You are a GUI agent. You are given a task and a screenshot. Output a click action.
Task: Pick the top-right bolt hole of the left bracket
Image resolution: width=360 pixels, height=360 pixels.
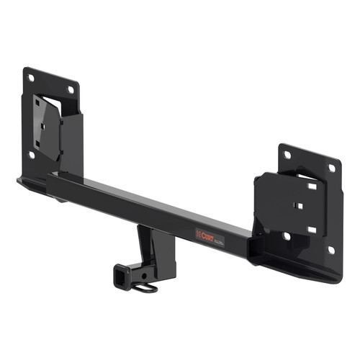click(x=71, y=89)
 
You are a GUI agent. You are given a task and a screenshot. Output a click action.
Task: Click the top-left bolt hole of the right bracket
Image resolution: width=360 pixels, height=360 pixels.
click(x=287, y=154)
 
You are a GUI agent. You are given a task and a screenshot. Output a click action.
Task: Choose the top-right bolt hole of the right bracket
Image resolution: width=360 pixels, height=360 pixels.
click(x=331, y=168)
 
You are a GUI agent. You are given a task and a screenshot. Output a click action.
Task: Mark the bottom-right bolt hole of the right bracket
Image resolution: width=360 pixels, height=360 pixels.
click(x=330, y=250)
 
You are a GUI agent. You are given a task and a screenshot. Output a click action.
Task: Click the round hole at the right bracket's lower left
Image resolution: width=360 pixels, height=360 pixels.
click(x=287, y=235)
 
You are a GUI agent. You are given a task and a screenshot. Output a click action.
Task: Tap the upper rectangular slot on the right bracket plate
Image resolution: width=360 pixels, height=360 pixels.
click(x=311, y=186)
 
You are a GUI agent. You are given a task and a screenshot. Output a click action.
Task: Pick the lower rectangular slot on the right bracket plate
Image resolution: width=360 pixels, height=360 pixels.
click(x=311, y=230)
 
